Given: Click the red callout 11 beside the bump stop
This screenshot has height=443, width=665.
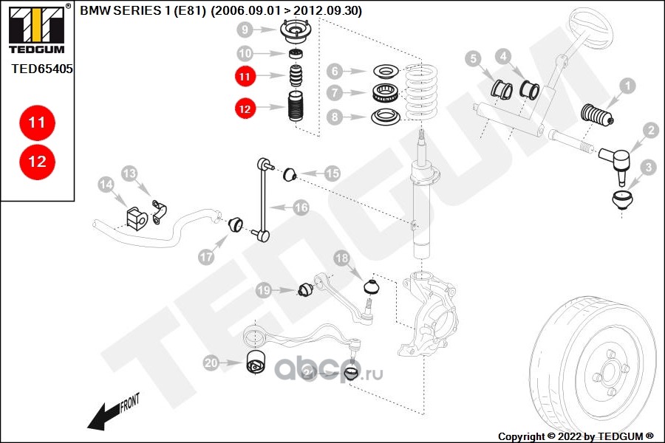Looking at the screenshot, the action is [x=245, y=77].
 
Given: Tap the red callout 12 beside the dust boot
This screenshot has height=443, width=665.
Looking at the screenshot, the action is [x=245, y=109].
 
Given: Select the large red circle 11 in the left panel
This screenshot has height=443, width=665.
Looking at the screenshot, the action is [x=37, y=123].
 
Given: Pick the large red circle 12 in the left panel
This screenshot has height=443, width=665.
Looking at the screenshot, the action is [x=37, y=162].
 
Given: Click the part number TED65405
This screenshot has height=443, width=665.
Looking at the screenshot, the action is [x=42, y=69].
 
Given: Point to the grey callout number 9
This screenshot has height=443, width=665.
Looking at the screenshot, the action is [x=245, y=30].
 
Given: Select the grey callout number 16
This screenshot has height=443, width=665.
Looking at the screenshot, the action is [x=301, y=207].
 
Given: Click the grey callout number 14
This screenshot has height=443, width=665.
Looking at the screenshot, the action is [x=106, y=185].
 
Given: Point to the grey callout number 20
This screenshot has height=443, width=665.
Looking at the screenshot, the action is [x=211, y=363].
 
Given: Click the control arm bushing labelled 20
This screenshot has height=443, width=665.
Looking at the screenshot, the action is [x=256, y=362].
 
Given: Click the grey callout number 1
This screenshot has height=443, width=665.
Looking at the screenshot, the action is [x=627, y=86].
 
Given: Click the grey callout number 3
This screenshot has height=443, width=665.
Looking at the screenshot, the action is [x=649, y=167].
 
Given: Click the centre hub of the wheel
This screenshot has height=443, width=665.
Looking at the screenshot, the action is [x=610, y=372].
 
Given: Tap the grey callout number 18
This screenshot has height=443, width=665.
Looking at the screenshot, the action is [x=342, y=258].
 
